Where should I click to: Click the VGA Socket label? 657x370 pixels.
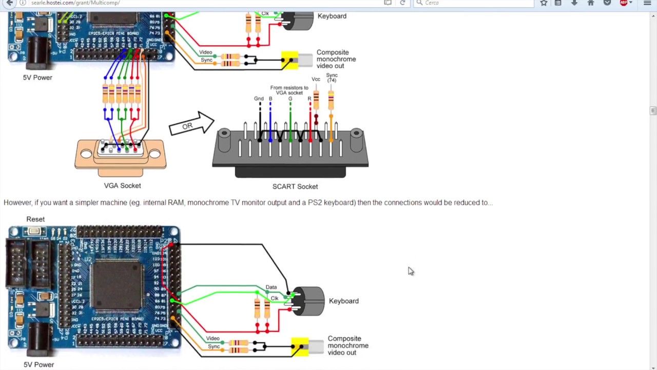coord(122,186)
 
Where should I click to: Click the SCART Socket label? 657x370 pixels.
coord(295,187)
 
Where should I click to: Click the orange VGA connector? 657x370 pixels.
coord(121,154)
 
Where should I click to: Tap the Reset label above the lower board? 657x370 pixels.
coord(35,219)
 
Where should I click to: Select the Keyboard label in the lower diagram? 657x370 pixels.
coord(343,301)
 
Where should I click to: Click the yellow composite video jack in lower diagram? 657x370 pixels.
coord(300,346)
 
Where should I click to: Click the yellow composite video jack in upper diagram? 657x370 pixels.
coord(290,60)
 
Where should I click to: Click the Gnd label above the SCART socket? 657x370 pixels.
coord(259,99)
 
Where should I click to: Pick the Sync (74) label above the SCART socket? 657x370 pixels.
coord(332,78)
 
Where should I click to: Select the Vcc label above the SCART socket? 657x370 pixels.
coord(316,79)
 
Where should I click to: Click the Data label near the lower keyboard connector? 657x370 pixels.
coord(271,287)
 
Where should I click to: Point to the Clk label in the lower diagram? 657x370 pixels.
coord(275,298)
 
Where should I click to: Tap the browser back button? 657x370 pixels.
coord(9,3)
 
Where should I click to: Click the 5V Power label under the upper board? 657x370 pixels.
coord(37,78)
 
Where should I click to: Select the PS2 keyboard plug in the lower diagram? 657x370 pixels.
coord(308,301)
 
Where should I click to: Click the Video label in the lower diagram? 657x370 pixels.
coord(212,339)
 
